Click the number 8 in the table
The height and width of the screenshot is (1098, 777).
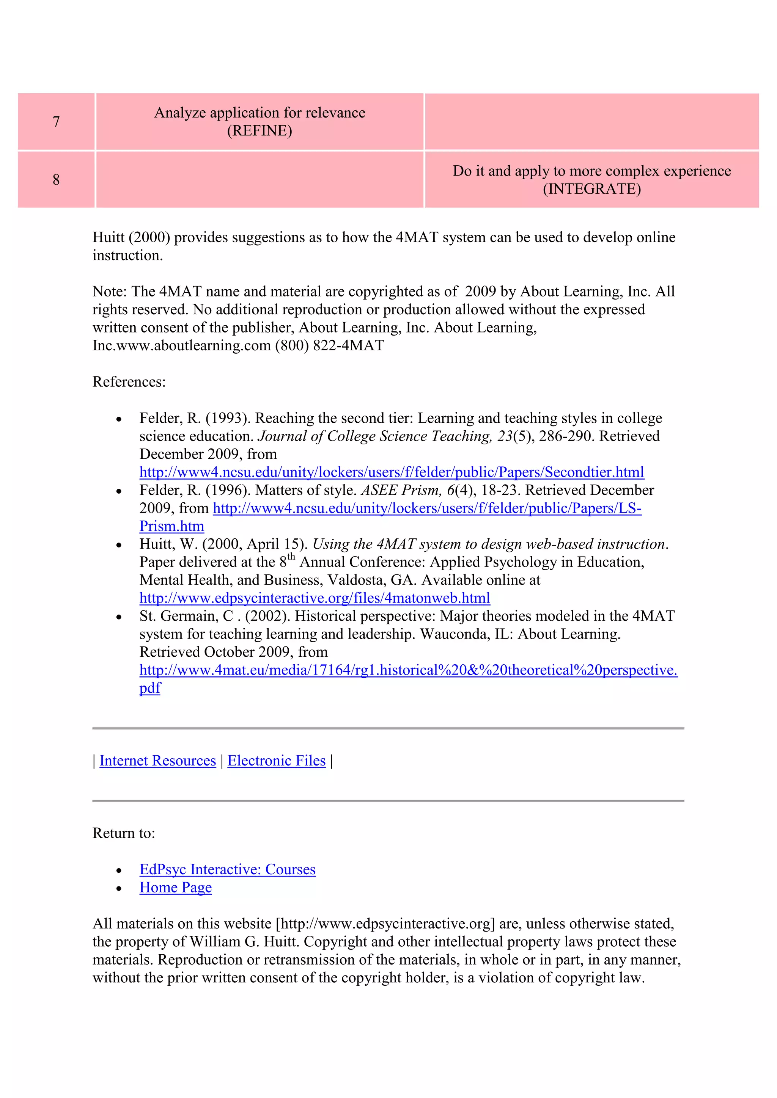(56, 180)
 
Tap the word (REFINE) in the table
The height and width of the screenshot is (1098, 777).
(260, 130)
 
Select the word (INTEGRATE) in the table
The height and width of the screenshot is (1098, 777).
(591, 189)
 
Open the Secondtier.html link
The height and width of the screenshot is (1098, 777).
(392, 472)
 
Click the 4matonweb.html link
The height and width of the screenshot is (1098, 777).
(315, 598)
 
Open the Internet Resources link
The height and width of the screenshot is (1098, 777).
(157, 761)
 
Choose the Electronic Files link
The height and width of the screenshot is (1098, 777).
(276, 761)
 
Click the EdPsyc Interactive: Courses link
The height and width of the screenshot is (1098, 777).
(227, 869)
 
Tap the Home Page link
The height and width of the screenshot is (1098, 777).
(175, 888)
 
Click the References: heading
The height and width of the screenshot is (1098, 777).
(129, 382)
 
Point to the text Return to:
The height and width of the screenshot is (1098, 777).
(123, 833)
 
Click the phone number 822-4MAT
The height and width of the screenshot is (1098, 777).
(348, 346)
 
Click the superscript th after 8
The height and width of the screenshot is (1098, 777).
(291, 557)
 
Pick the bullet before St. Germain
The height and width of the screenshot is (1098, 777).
(119, 617)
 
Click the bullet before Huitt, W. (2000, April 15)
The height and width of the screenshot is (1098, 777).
(119, 546)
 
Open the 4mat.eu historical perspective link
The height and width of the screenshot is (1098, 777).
(408, 670)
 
